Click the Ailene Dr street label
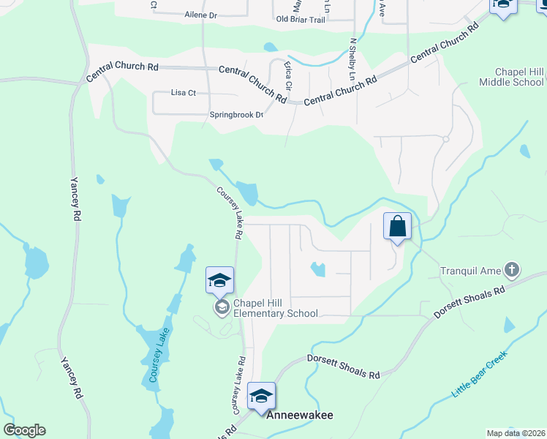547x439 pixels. (x=201, y=15)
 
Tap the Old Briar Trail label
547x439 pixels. (x=300, y=20)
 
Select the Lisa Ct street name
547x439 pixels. (x=183, y=93)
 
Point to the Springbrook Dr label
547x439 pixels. (x=236, y=115)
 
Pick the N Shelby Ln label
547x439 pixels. (x=352, y=59)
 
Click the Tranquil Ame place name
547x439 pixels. (x=471, y=271)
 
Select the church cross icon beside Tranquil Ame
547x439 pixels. (x=512, y=270)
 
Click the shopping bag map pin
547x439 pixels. (x=398, y=226)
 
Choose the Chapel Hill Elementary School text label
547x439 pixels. (x=276, y=308)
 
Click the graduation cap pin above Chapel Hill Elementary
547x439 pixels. (x=219, y=281)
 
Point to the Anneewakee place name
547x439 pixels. (x=299, y=415)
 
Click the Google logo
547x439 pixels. (x=24, y=430)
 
